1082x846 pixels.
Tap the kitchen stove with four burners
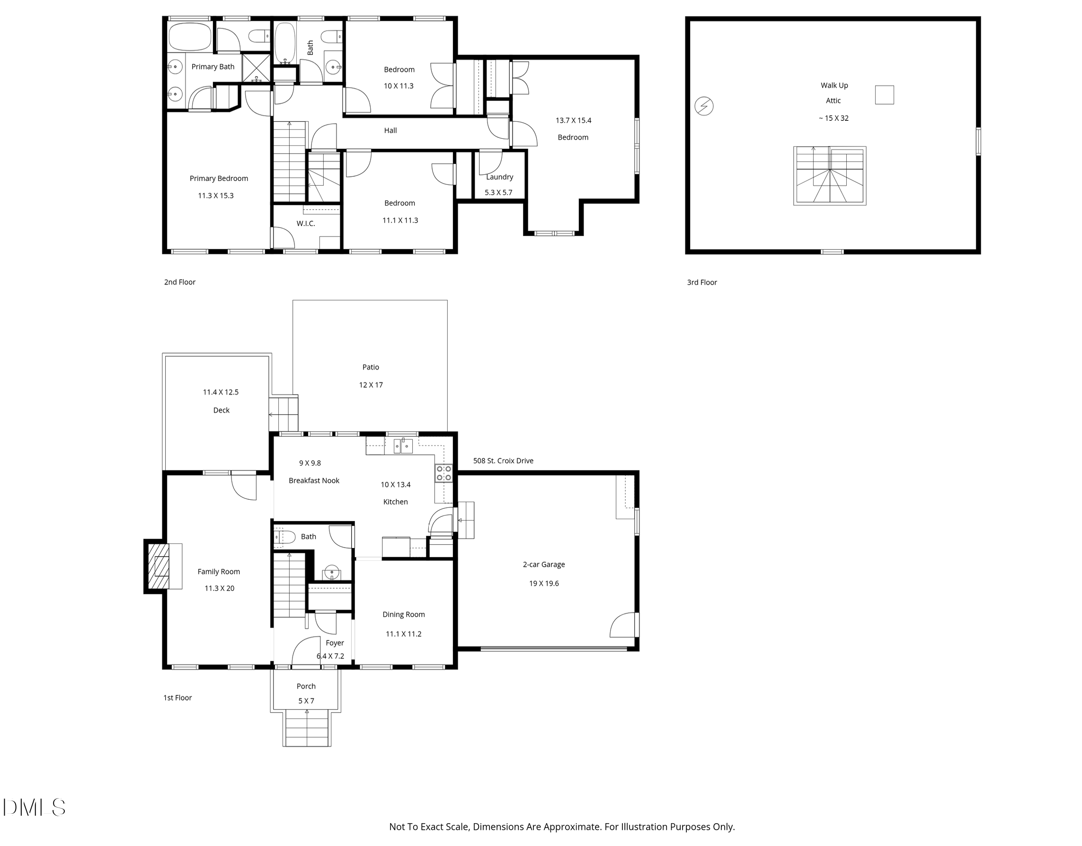[x=443, y=473]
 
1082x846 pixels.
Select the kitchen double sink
[x=403, y=446]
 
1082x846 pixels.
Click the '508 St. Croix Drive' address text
[x=503, y=461]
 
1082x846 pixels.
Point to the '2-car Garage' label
[x=543, y=564]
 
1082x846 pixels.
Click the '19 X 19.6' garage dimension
[x=543, y=583]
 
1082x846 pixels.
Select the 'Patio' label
[x=371, y=367]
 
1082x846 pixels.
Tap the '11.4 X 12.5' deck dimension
[x=221, y=392]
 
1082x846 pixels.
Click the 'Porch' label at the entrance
[x=306, y=686]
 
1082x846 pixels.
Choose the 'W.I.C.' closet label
[x=306, y=223]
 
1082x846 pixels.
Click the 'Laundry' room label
[x=499, y=177]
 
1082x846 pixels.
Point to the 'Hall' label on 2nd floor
[x=390, y=130]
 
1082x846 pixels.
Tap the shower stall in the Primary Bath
[x=256, y=68]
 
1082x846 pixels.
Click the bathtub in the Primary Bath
[x=190, y=36]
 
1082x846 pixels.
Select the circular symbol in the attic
[x=703, y=106]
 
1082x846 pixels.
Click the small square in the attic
[x=884, y=95]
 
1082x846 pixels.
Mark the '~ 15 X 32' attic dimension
[x=834, y=118]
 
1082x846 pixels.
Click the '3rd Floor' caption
[x=701, y=282]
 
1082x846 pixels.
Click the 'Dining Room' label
[x=403, y=614]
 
